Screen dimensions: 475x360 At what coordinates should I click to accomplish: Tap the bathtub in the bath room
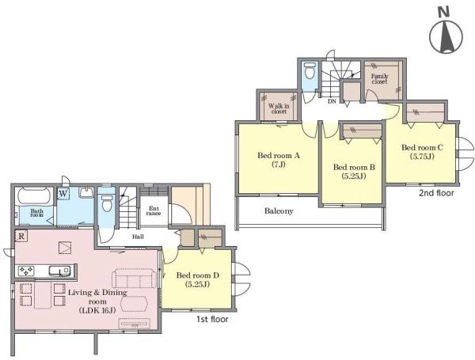tap(35, 196)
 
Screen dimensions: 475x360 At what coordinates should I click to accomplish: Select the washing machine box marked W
tap(63, 194)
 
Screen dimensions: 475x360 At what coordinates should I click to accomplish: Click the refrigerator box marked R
tap(21, 236)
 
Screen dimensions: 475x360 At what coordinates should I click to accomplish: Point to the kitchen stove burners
tap(27, 271)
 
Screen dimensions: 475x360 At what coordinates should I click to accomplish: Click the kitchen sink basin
tap(60, 271)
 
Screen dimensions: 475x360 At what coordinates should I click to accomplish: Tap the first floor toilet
tap(107, 203)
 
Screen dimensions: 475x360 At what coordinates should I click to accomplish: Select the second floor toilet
tap(310, 71)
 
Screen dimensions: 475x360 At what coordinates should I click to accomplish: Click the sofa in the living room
tap(135, 278)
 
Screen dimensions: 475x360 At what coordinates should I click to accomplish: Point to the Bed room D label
tap(197, 275)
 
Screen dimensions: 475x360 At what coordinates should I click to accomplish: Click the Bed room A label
tap(279, 156)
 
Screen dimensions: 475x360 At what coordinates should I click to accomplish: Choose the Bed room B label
tap(354, 167)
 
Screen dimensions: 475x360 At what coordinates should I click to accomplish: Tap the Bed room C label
tap(422, 147)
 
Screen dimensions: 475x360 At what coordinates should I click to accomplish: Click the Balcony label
tap(279, 211)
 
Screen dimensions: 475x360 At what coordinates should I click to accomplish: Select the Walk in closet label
tap(279, 108)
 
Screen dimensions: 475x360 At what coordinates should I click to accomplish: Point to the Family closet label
tap(379, 79)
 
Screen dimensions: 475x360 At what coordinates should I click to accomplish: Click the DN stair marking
tap(332, 102)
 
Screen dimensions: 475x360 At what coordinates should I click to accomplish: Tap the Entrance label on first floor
tap(154, 210)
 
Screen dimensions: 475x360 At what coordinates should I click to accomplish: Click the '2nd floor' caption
tap(436, 193)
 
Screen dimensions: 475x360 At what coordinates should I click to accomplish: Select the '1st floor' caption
tap(212, 319)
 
